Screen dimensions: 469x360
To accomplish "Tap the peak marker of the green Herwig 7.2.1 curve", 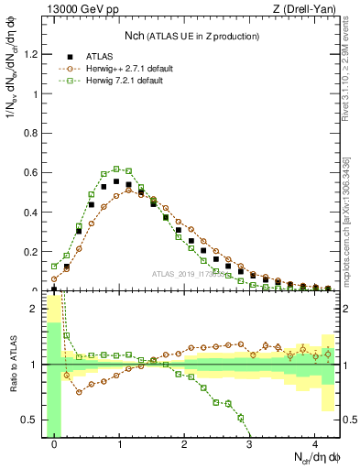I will click(116, 169).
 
